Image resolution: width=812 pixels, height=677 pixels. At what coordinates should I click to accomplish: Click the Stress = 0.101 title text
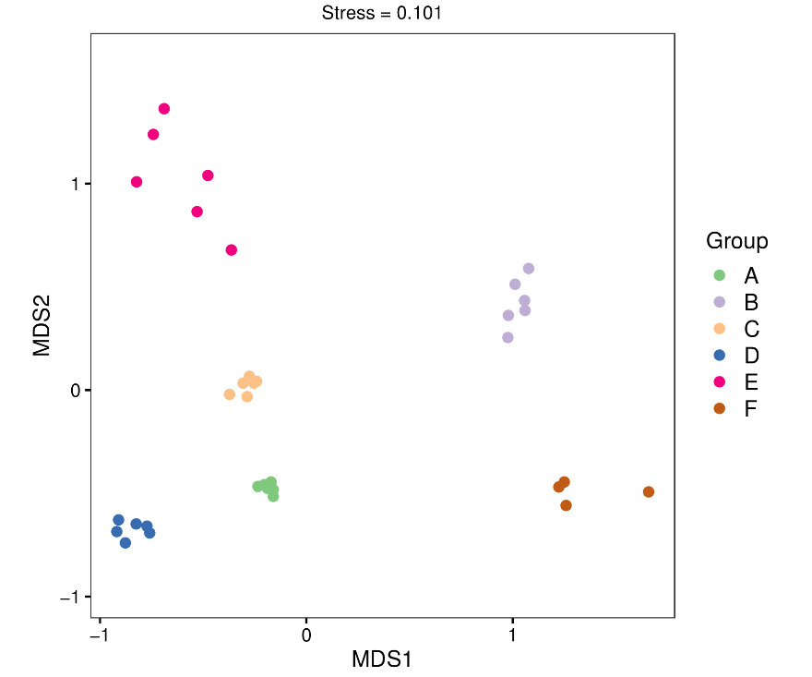click(x=382, y=13)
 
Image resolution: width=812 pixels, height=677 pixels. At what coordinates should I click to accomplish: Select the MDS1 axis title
click(x=382, y=659)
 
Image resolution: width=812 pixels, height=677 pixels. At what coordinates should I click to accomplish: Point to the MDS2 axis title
click(x=42, y=325)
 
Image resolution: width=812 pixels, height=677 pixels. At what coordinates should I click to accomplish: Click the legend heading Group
click(x=736, y=241)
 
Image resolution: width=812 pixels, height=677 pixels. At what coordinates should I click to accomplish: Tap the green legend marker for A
click(x=720, y=275)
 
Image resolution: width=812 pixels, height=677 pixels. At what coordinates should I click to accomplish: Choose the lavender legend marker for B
click(x=720, y=302)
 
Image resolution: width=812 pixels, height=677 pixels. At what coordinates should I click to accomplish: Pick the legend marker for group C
click(x=720, y=329)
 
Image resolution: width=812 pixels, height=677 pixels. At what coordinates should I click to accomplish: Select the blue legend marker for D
click(x=720, y=356)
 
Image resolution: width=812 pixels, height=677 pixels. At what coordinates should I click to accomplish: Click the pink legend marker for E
click(x=720, y=381)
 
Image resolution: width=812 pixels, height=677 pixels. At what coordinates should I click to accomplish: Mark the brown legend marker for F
click(x=720, y=408)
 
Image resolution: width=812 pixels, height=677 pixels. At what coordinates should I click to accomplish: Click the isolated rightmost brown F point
click(x=649, y=492)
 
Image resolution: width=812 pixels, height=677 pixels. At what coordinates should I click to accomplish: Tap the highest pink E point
click(x=164, y=109)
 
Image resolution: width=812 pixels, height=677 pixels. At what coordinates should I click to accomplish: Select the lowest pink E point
click(x=232, y=250)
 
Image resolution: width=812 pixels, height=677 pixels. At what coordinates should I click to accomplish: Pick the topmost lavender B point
click(x=529, y=269)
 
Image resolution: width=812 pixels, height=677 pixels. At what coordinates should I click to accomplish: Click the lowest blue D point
click(x=125, y=543)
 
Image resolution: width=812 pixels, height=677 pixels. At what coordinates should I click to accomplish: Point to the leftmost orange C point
click(x=230, y=394)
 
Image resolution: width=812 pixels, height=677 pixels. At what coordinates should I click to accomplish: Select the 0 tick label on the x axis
click(x=306, y=636)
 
